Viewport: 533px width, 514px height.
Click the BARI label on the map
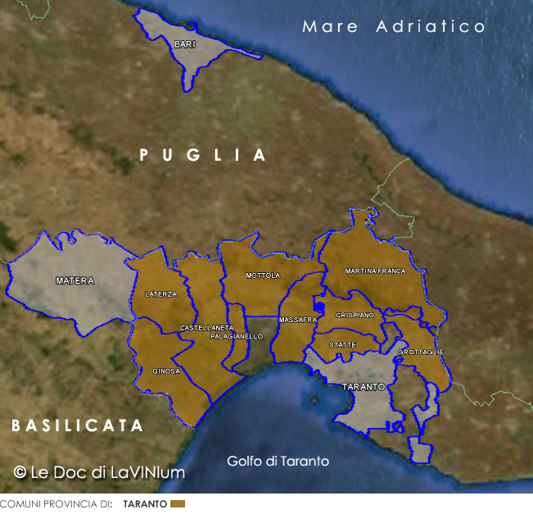tap(184, 44)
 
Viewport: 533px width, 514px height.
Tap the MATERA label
tap(75, 281)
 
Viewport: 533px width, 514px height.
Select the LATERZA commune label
tap(160, 294)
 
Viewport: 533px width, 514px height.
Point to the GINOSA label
tap(166, 371)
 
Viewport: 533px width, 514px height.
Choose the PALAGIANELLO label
tap(237, 337)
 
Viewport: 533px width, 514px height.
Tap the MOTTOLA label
tap(263, 275)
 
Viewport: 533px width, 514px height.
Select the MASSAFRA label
tap(298, 320)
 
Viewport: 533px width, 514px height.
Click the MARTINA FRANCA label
tap(375, 271)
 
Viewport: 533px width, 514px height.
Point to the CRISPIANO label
tap(355, 315)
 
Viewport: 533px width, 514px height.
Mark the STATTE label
tap(342, 345)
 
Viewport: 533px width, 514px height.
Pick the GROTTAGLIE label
tap(420, 352)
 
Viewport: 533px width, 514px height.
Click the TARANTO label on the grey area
tap(363, 386)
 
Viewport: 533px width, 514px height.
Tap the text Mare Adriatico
tap(394, 26)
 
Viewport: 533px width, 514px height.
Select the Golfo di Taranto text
tap(278, 462)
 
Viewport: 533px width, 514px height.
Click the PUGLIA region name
tap(203, 155)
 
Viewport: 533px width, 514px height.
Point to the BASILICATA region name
tap(78, 425)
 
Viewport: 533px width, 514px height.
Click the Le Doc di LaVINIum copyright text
tap(100, 472)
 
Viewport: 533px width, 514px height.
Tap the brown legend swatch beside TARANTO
tap(178, 503)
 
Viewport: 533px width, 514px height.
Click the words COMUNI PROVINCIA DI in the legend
tap(56, 504)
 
